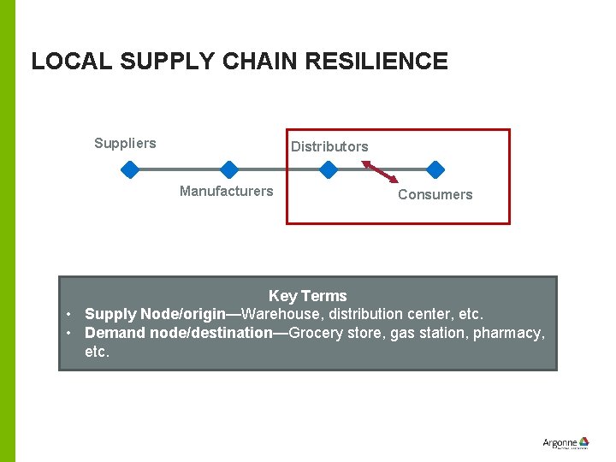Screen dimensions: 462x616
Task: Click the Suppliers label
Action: (x=125, y=143)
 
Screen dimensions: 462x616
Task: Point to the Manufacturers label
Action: (x=226, y=191)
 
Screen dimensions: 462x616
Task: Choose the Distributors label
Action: (x=329, y=146)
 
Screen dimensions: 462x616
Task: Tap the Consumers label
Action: (x=435, y=194)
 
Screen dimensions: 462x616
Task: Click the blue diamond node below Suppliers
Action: (x=129, y=169)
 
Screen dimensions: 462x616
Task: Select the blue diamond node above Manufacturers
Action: (x=228, y=169)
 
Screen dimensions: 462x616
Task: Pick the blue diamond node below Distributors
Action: (x=328, y=169)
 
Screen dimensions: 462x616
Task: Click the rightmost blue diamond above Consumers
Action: (x=435, y=169)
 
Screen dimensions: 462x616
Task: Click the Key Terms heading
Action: (x=307, y=296)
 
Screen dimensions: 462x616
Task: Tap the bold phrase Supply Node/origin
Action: (x=154, y=314)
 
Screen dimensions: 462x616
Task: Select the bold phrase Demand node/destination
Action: (x=178, y=333)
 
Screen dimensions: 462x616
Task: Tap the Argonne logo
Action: (x=566, y=443)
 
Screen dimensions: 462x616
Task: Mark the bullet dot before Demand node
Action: (x=69, y=333)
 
